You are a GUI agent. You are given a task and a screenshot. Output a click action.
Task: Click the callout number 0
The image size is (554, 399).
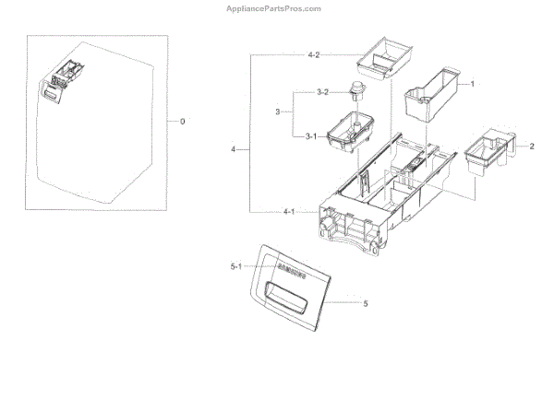pos(182,122)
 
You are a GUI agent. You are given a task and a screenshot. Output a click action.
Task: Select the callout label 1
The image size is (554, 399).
pos(473,84)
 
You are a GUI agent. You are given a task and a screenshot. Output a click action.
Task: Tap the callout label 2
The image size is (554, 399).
pos(531,147)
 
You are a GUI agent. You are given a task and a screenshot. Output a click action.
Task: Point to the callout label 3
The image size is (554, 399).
pos(277,112)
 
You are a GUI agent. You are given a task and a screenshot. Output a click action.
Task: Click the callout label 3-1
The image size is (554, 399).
pos(311,135)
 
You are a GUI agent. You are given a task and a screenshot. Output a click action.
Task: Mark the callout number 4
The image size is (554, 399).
pos(234,147)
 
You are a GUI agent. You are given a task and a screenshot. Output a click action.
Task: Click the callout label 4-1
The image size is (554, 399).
pos(288,212)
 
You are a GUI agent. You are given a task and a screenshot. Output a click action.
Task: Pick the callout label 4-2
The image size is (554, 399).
pos(313,55)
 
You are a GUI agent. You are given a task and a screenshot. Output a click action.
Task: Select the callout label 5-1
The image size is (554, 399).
pos(235,268)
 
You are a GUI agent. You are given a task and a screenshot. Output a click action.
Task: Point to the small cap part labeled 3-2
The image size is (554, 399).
pos(354,90)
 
